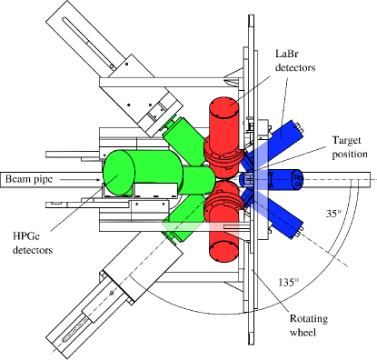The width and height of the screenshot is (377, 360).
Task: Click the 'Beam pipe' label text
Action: coord(29,179)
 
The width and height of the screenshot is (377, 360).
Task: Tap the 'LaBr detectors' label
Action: coord(295,61)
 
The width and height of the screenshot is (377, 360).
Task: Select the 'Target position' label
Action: coord(350,147)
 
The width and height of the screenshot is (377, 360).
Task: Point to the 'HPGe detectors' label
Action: coord(33,243)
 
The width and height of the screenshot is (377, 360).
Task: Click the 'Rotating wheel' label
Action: coord(309,325)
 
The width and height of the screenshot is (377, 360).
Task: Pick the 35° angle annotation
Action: coord(333,214)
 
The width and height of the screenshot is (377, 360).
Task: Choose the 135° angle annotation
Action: coord(288,283)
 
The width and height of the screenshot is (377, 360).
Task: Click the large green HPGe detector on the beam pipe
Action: coord(143,173)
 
